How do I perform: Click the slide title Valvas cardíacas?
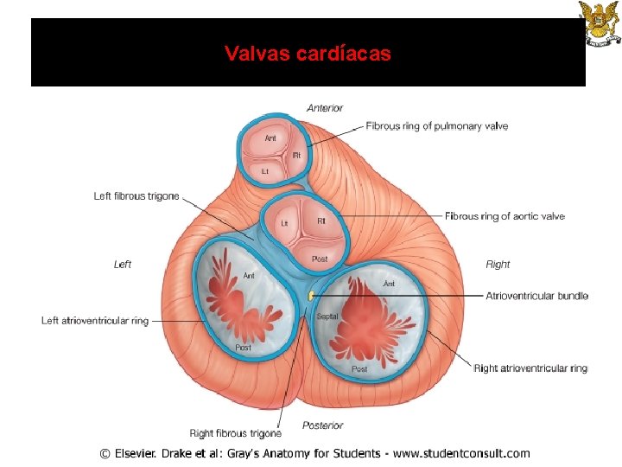[308, 54]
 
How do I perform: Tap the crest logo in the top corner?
[598, 23]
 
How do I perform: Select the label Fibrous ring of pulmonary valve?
[436, 126]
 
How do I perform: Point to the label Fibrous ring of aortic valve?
[505, 216]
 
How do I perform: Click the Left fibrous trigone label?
[136, 196]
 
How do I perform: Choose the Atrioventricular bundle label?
[536, 296]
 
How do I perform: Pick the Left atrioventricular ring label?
[95, 321]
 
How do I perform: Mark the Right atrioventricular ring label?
[530, 368]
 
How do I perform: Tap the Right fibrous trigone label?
[236, 433]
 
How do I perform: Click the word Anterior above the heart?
[325, 108]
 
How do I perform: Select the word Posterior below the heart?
[323, 425]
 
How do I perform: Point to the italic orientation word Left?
[123, 265]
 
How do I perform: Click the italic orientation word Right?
[498, 265]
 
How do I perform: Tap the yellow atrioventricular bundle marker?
[310, 297]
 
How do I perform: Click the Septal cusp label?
[327, 317]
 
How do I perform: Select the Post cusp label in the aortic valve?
[320, 259]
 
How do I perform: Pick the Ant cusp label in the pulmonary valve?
[270, 138]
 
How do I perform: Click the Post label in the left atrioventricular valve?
[243, 348]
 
